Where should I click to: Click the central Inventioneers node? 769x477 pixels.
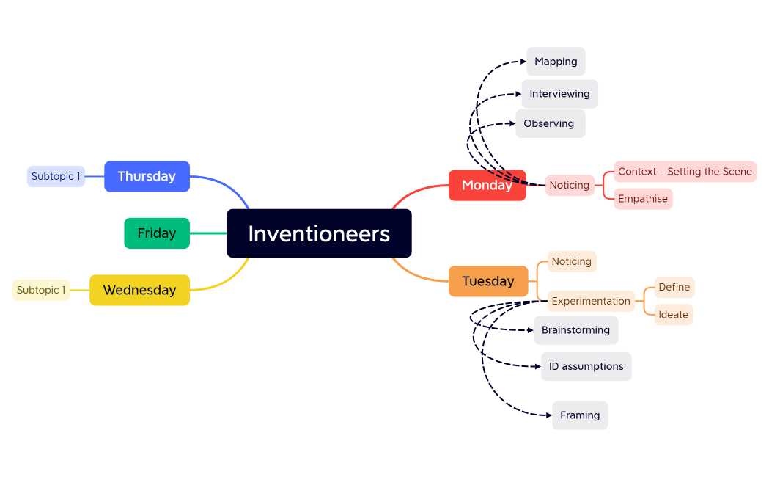point(319,233)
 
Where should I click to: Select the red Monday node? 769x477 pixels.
point(487,186)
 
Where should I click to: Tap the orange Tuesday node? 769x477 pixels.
point(488,281)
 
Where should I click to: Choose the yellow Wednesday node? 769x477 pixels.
point(139,290)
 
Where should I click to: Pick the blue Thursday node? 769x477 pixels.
point(147,176)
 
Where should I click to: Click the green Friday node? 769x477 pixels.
point(157,233)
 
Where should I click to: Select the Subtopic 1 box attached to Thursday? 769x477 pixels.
point(56,176)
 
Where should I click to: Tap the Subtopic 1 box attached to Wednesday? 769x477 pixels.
point(41,290)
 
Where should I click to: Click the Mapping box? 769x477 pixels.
point(556,62)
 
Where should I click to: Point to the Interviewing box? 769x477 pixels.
point(559,94)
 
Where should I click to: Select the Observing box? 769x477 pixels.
point(549,123)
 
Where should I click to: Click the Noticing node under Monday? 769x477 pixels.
point(570,186)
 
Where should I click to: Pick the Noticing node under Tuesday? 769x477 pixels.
point(572,261)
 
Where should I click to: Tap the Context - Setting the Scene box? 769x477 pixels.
point(685,172)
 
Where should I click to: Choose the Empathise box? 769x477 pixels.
point(643,199)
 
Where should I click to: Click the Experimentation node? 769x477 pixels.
point(591,301)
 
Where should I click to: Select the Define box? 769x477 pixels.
point(674,287)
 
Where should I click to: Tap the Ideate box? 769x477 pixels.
point(673,315)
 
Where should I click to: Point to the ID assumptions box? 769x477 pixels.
point(586,366)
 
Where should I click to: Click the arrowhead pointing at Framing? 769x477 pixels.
point(548,415)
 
